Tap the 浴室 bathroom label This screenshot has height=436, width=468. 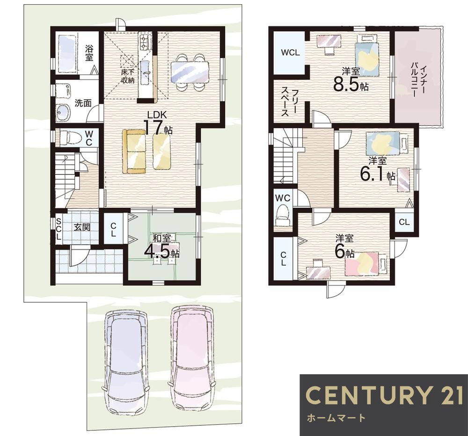88,53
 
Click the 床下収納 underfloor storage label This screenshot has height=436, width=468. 128,76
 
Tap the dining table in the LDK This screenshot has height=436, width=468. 190,72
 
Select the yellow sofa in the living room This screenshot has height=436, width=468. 134,151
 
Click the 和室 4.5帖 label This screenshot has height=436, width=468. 162,246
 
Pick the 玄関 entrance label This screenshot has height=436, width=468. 82,227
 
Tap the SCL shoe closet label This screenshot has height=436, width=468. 59,229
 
